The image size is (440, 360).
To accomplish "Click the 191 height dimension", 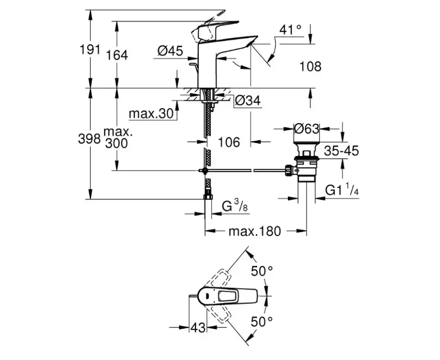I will pyautogui.click(x=90, y=49).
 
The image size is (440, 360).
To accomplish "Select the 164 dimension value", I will pyautogui.click(x=118, y=55).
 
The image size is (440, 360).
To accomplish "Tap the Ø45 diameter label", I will pyautogui.click(x=170, y=50).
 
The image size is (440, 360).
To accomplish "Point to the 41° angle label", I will pyautogui.click(x=291, y=30).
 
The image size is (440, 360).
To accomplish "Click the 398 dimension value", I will pyautogui.click(x=89, y=139).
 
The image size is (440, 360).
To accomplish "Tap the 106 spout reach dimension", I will pyautogui.click(x=228, y=142).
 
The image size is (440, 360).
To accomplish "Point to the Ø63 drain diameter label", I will pyautogui.click(x=307, y=129).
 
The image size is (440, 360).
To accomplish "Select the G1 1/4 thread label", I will pyautogui.click(x=342, y=191).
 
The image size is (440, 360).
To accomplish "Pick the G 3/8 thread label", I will pyautogui.click(x=234, y=207).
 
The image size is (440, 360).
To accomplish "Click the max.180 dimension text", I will pyautogui.click(x=254, y=231).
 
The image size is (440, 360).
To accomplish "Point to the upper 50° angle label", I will pyautogui.click(x=262, y=271).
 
